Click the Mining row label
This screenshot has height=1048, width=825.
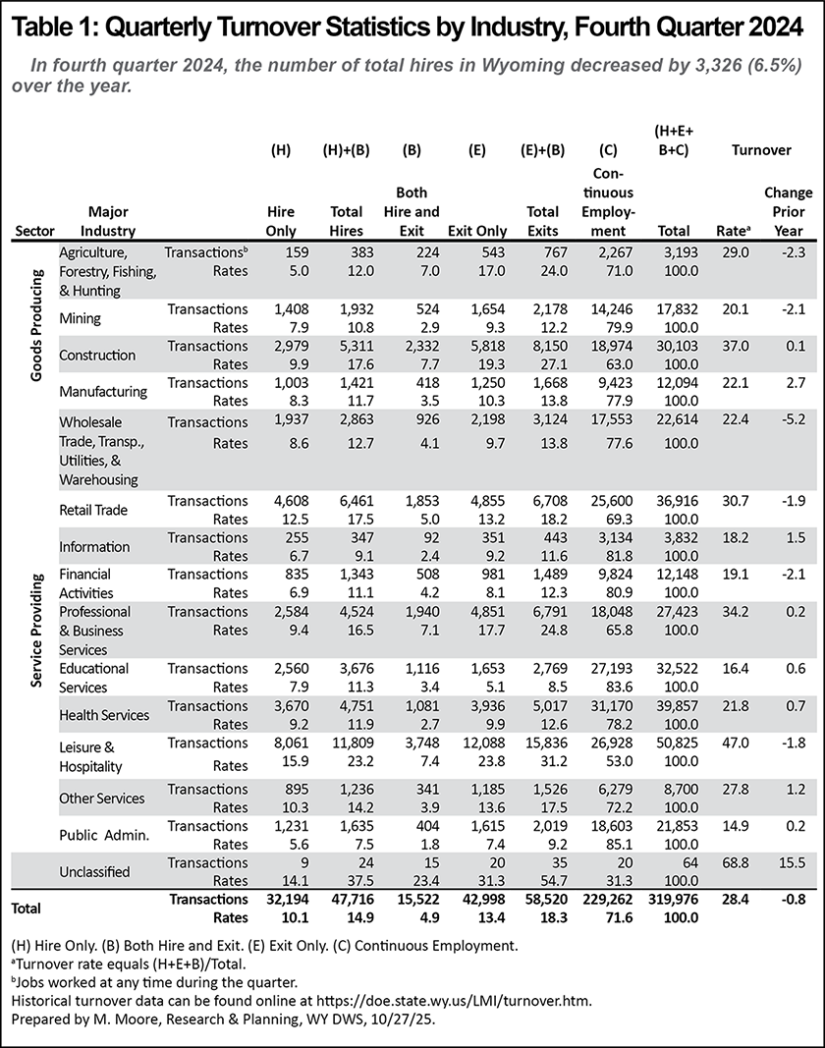click(x=82, y=318)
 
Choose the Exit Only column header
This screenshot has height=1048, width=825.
click(x=476, y=231)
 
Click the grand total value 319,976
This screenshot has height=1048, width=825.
click(x=669, y=899)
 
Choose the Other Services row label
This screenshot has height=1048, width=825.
click(x=102, y=797)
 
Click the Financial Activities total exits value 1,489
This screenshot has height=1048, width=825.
click(x=543, y=573)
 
